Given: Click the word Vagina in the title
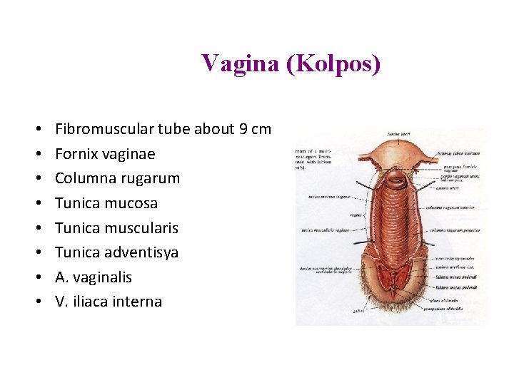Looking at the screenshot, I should (240, 63).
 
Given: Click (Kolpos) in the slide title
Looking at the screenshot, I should (333, 63).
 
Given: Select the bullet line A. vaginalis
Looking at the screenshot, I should (94, 277).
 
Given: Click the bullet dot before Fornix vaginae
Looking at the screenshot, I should (36, 154).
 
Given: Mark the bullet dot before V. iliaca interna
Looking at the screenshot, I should (36, 302).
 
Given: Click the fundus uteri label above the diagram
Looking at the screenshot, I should (398, 133).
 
